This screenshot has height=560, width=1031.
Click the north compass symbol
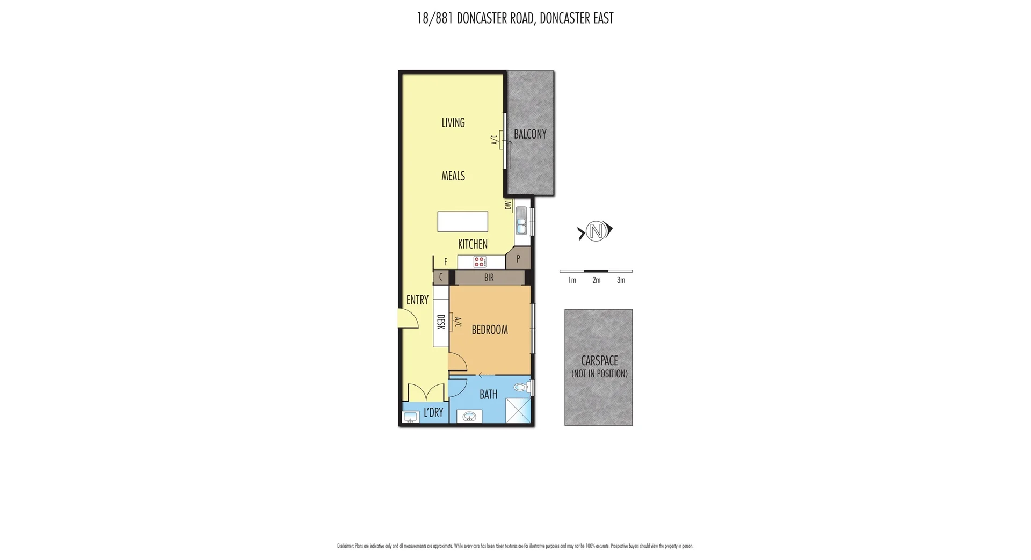coord(596,231)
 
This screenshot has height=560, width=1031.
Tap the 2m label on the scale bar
coord(596,280)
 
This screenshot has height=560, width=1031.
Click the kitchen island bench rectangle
coord(462,221)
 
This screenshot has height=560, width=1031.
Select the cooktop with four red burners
coord(480,262)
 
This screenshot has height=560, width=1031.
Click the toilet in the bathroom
coord(521,387)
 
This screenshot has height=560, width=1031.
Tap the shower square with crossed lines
coord(518,410)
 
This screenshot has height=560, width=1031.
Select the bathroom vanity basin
coord(469,417)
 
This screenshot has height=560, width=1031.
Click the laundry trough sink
coord(410,417)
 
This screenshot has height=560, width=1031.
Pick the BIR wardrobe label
coord(489,278)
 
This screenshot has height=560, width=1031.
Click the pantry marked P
coord(518,259)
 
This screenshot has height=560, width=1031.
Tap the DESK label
coord(441,322)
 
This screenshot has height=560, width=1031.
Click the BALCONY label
coord(530,134)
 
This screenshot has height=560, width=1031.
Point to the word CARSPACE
coord(599,361)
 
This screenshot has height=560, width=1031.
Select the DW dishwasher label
coord(508,205)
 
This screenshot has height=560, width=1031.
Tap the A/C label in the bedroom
coord(458,322)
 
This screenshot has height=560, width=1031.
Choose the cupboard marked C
coord(441,278)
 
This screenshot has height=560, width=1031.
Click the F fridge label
coord(445,262)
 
